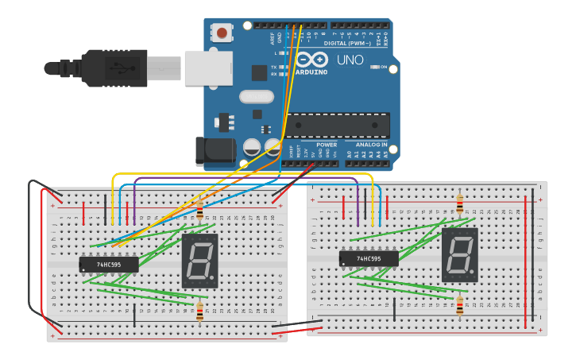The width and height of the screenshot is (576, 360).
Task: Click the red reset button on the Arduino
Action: [222, 33]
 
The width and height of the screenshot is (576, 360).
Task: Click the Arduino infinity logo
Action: [311, 60]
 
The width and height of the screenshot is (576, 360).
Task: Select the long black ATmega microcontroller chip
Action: [338, 125]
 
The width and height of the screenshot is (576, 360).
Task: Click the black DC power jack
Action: [215, 151]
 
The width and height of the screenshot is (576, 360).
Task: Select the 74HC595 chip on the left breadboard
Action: [109, 264]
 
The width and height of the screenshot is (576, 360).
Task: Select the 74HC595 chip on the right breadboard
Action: [369, 258]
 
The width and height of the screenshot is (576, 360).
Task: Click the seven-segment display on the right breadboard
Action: [459, 255]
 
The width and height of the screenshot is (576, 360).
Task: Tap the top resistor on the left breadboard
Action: [199, 211]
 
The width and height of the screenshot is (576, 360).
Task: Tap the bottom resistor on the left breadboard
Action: [199, 312]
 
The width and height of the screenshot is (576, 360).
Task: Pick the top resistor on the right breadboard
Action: [459, 205]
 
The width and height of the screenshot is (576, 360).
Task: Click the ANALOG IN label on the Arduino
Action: [371, 145]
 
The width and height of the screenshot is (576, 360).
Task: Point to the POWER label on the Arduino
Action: [327, 145]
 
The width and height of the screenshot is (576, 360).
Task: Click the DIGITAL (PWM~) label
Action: [352, 43]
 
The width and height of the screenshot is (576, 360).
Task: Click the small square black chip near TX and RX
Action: [259, 72]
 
